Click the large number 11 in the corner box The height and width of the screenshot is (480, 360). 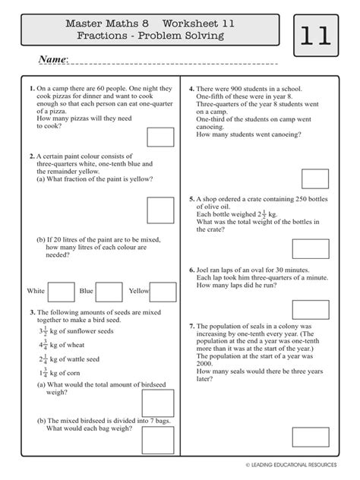316,38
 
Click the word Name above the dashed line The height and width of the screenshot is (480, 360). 52,60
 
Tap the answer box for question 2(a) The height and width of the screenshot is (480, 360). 160,210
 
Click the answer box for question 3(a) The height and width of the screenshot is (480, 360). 160,396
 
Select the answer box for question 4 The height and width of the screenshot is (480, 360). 315,178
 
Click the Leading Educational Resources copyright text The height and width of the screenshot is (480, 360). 298,463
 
